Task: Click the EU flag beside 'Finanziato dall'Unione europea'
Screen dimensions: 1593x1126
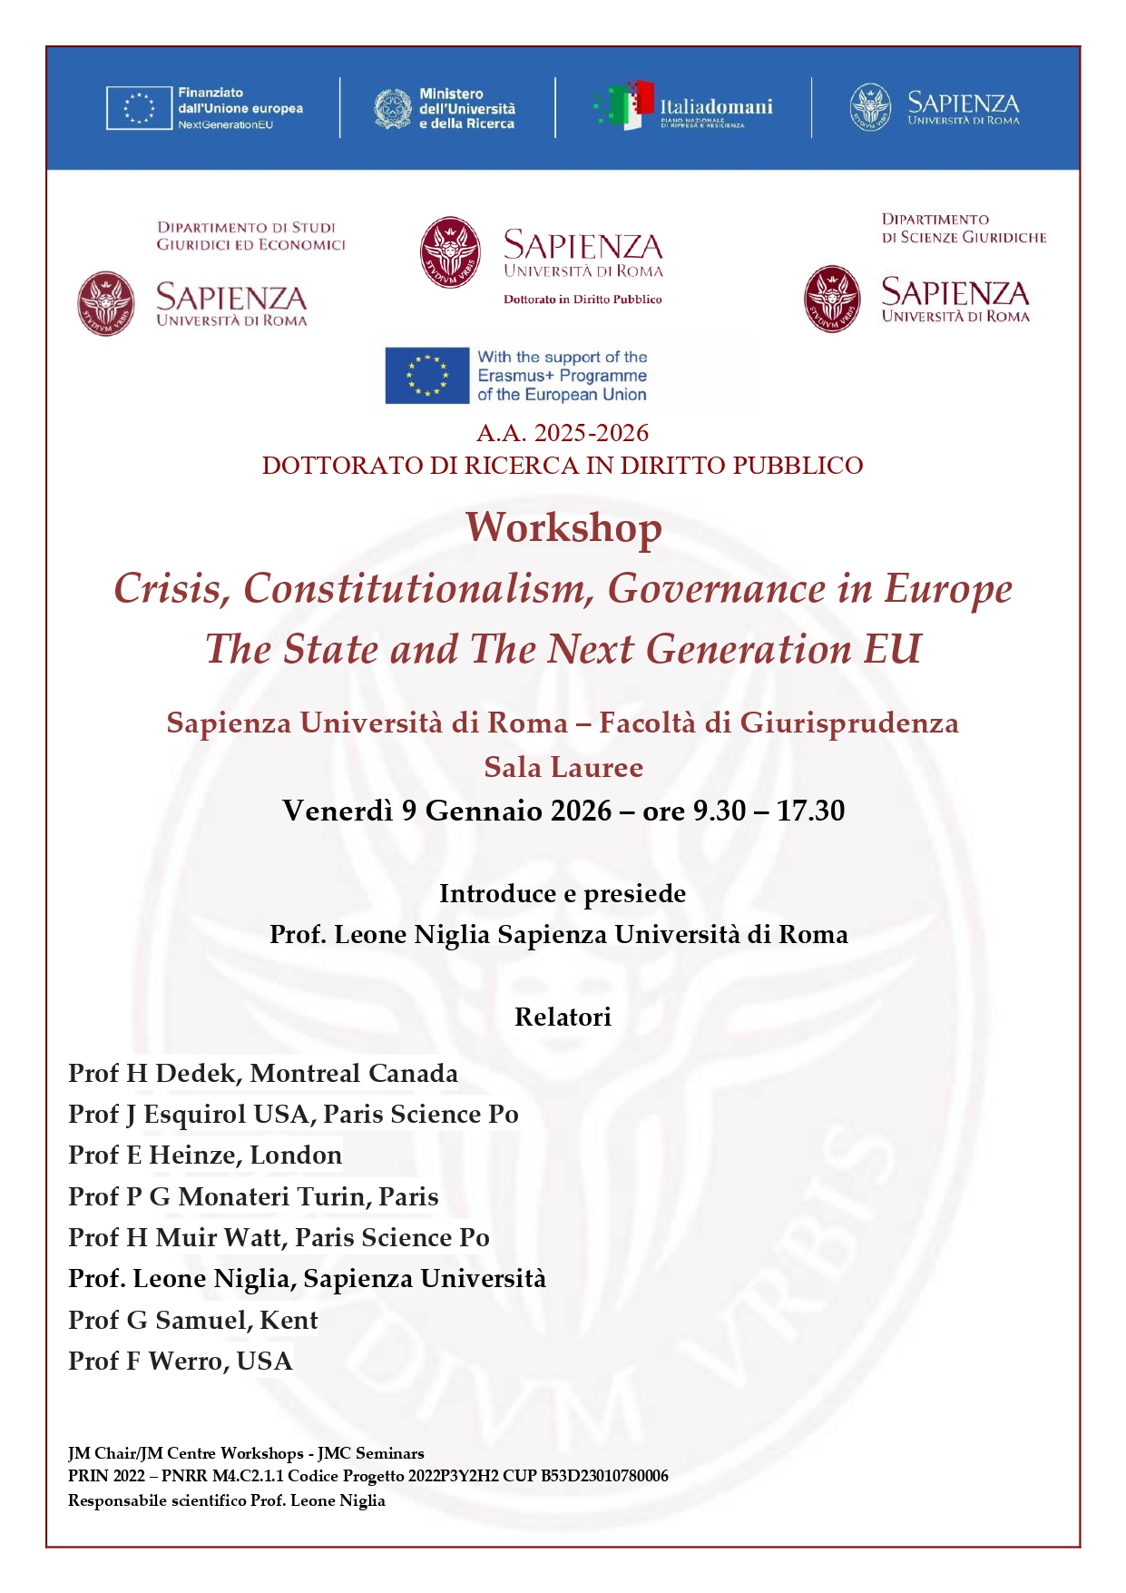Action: [139, 108]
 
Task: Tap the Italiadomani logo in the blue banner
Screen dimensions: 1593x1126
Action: [683, 107]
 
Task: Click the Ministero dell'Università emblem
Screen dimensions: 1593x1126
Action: [393, 108]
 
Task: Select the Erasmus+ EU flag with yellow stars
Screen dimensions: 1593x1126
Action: [427, 376]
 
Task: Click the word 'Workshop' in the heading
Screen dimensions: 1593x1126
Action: [563, 528]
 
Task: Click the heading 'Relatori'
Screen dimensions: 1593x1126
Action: [563, 1017]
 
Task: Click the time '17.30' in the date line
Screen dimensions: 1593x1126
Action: [810, 811]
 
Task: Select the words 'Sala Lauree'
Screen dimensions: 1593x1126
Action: [563, 768]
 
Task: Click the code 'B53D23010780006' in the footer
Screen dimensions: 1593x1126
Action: [604, 1476]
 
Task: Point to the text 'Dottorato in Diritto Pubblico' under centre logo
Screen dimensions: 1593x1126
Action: [583, 300]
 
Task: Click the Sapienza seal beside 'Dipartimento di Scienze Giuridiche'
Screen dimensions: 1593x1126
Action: [832, 299]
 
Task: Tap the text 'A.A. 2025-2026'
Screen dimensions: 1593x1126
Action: [563, 433]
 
